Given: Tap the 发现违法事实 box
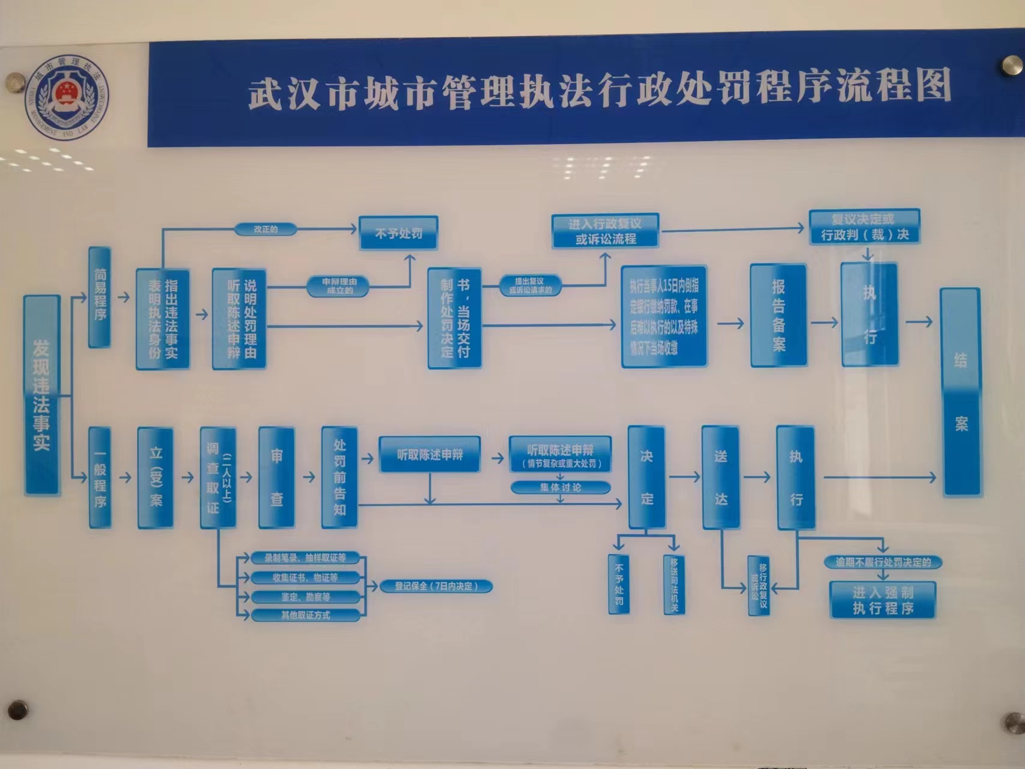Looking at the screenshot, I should coord(42,395).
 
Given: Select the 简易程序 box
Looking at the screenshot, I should coord(100,297).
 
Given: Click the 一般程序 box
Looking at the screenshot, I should coord(100,478).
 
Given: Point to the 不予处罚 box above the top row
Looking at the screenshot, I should coord(398,233).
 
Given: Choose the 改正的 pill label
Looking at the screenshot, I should coord(266,229).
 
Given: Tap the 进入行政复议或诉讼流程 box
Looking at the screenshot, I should coord(606,231).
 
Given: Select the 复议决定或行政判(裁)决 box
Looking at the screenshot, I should coord(865,226).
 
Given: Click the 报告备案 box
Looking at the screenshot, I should coord(778,315).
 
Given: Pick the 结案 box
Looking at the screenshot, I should coord(960,392).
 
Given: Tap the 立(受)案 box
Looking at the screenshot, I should coord(156,478).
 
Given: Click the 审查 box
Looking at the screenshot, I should coord(276,478).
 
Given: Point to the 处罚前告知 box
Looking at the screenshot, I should coord(339,478).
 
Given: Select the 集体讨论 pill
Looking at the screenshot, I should coord(560,487).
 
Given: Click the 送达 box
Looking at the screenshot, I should coord(720,478).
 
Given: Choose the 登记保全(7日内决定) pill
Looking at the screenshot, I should coord(436,586).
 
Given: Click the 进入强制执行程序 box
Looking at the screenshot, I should coord(883,600).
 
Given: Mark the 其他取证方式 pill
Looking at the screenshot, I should coord(306,615).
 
